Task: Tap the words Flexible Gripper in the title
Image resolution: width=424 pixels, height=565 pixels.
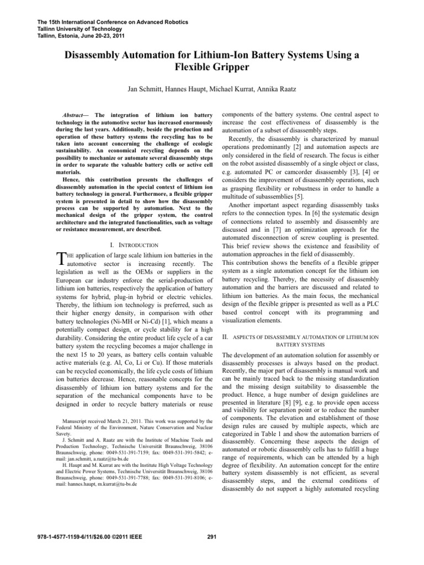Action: (x=211, y=68)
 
